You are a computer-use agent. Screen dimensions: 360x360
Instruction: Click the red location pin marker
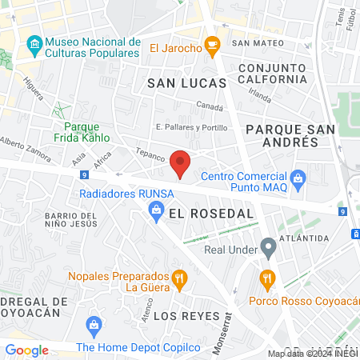(x=182, y=163)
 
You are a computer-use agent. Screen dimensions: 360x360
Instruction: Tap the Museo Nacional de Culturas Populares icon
(x=34, y=42)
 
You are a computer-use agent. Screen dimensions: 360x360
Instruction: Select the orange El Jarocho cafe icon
(x=212, y=47)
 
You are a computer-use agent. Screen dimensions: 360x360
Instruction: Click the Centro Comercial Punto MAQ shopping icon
(x=298, y=176)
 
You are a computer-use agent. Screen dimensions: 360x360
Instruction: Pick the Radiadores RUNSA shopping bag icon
(x=158, y=210)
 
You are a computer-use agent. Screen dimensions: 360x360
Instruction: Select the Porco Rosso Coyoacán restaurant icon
(x=267, y=280)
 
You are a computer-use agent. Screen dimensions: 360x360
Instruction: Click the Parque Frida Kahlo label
(x=92, y=132)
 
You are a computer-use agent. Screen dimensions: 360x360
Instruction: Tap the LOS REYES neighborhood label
(x=186, y=315)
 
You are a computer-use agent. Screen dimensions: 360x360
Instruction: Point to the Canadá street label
(x=209, y=106)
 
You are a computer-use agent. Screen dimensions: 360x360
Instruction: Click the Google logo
(x=26, y=350)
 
